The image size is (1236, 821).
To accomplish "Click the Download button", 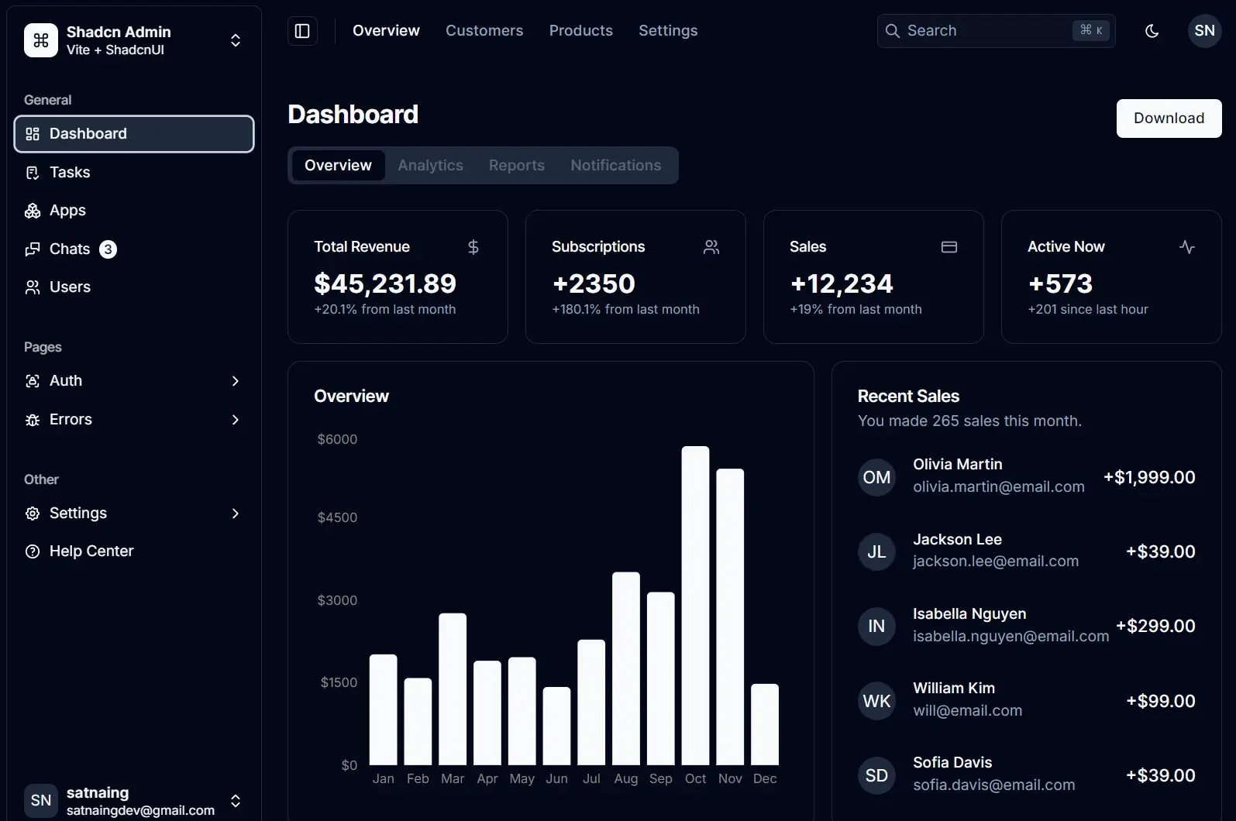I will point(1169,119).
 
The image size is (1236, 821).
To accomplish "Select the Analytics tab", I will point(430,166).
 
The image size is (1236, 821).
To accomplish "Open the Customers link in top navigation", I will point(484,31).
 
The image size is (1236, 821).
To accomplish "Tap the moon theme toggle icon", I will point(1152,31).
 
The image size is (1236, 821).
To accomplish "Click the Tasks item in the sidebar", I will point(70,173).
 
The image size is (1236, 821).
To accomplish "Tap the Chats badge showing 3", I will point(108,249).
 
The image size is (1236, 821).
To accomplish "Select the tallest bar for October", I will point(695,604).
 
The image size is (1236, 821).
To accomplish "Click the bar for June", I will point(556,725).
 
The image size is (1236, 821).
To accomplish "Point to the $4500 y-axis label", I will point(337,517).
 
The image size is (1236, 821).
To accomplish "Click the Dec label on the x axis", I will point(764,778).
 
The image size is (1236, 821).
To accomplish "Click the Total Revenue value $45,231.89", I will point(385,284).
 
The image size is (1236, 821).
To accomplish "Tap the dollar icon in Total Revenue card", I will point(473,247).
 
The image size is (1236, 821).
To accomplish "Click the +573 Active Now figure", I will point(1060,284).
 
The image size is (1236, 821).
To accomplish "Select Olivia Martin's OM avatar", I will point(876,477).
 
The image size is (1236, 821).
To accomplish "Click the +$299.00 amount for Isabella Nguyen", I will point(1155,626).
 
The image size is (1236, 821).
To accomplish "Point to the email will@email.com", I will point(967,710).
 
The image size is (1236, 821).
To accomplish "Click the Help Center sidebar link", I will point(91,551).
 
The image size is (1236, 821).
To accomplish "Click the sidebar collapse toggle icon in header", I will point(302,31).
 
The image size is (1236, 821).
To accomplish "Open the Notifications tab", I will point(615,166).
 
